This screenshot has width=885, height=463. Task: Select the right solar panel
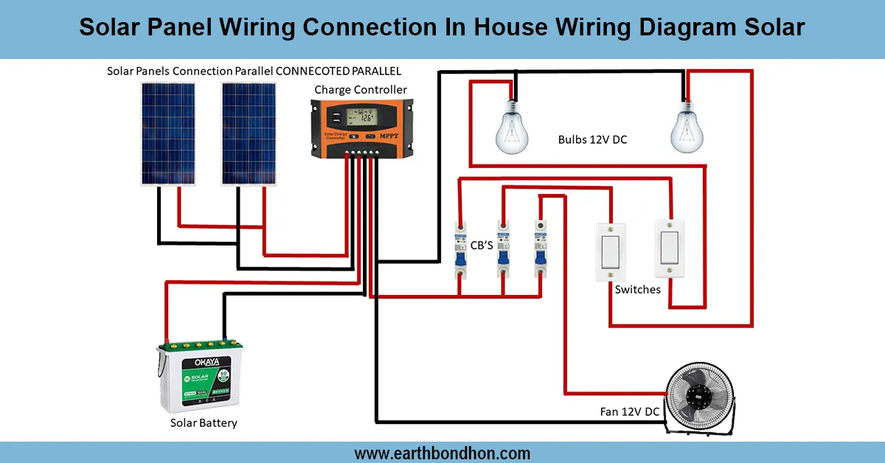pyautogui.click(x=249, y=133)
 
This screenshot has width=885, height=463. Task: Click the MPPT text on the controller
pyautogui.click(x=389, y=137)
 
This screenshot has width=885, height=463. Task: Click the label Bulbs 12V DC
pyautogui.click(x=592, y=139)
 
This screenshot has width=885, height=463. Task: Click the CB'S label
pyautogui.click(x=482, y=245)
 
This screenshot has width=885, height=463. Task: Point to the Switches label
pyautogui.click(x=637, y=290)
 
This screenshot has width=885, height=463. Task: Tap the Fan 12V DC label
pyautogui.click(x=629, y=411)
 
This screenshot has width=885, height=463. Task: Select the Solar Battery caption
pyautogui.click(x=204, y=423)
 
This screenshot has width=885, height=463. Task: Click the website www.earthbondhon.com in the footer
pyautogui.click(x=442, y=453)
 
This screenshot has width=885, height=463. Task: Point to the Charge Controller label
pyautogui.click(x=361, y=90)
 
